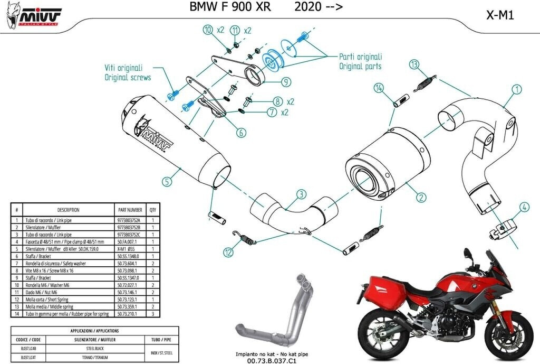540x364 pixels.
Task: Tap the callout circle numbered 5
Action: (167, 181)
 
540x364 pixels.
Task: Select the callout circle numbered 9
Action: (285, 82)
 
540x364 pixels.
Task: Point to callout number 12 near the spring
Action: (228, 253)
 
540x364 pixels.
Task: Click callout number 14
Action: (379, 87)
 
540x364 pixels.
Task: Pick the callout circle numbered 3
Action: (301, 194)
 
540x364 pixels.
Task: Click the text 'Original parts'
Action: (360, 67)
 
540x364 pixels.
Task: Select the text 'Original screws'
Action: (127, 78)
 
